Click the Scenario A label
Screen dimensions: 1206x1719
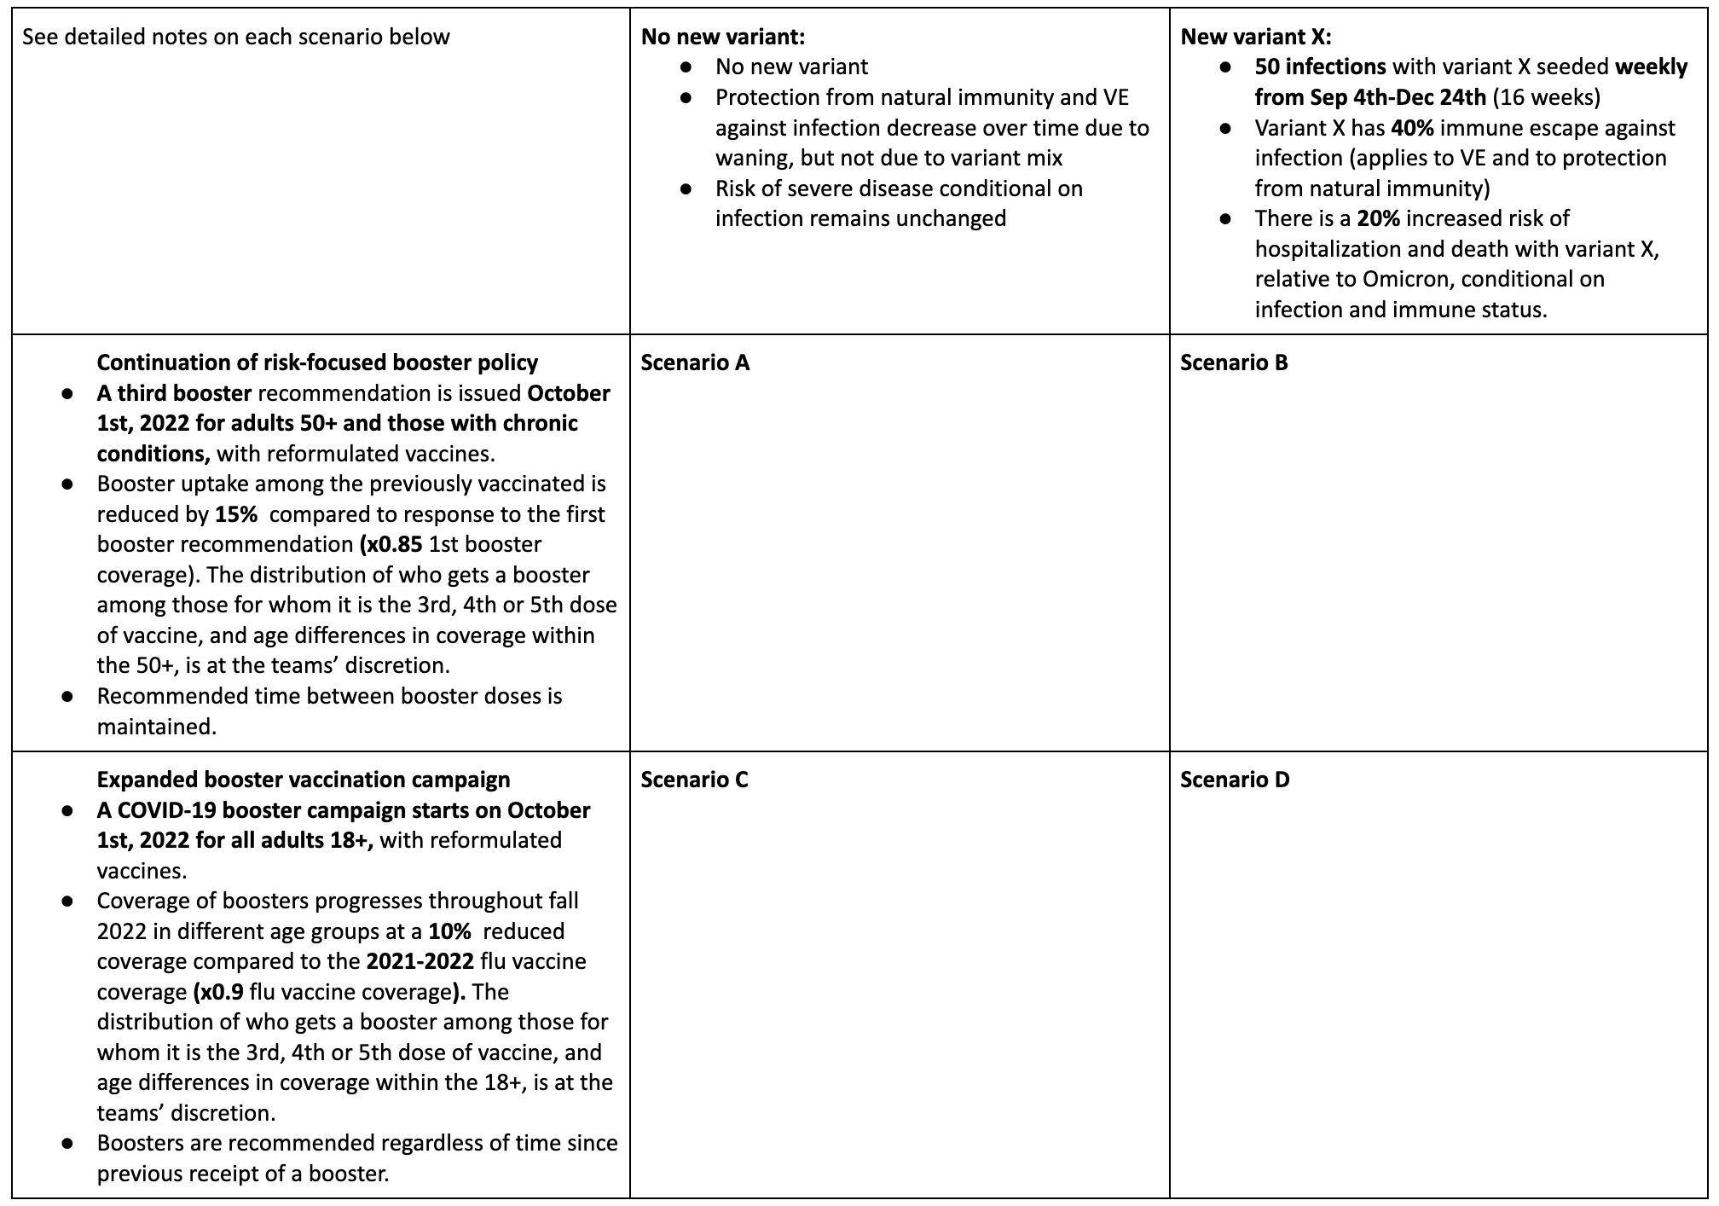tap(695, 362)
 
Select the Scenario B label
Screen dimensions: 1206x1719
tap(1234, 362)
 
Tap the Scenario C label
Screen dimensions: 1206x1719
tap(694, 780)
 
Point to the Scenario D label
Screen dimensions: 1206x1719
tap(1235, 780)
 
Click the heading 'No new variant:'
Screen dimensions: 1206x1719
tap(723, 37)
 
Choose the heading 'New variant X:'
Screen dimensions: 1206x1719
tap(1256, 37)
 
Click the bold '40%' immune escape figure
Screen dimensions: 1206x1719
tap(1412, 128)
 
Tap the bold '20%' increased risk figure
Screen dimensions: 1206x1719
tap(1379, 218)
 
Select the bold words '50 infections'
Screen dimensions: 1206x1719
tap(1320, 67)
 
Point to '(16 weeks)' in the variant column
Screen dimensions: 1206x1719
tap(1546, 97)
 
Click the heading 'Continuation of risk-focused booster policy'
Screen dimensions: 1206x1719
tap(317, 362)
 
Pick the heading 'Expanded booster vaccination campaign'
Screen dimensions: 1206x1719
tap(304, 780)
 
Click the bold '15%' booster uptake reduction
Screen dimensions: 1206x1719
tap(236, 514)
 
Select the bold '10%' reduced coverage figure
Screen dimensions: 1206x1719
tap(449, 931)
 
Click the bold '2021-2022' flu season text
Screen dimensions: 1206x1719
tap(420, 961)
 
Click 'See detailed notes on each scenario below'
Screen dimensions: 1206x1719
tap(235, 37)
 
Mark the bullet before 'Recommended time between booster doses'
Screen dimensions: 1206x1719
tap(67, 696)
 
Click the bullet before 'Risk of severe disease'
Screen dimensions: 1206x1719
tap(686, 188)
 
